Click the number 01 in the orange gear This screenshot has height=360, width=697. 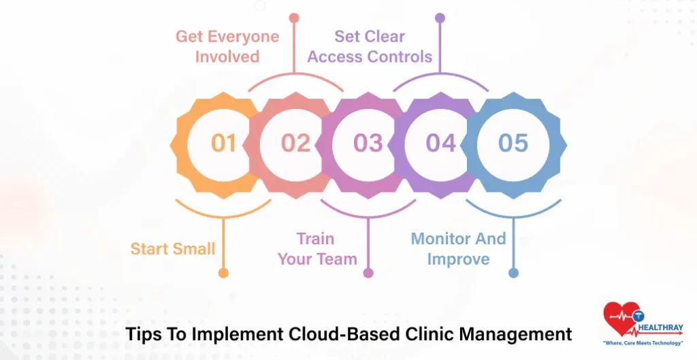coord(223,143)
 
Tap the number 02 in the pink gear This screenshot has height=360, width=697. coord(296,143)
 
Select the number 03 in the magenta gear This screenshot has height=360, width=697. coord(368,143)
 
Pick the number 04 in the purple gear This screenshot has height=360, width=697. coord(441,143)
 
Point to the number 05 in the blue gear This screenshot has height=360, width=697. coord(513,143)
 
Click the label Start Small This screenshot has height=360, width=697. coord(173,248)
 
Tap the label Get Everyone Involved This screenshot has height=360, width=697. coord(227,46)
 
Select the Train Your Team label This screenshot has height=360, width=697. coord(317,248)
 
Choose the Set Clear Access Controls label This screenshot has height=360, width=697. coord(370,46)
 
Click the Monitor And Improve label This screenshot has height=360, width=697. coord(458,248)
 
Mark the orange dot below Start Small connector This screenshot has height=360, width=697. coord(223,273)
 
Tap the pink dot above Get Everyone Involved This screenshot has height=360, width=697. coord(294,18)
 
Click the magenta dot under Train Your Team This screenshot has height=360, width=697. coord(368,273)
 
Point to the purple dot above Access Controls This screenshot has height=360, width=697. coord(440,18)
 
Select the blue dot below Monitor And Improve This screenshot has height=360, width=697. coord(513,273)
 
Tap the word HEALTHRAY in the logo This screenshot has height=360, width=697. coord(661,327)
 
